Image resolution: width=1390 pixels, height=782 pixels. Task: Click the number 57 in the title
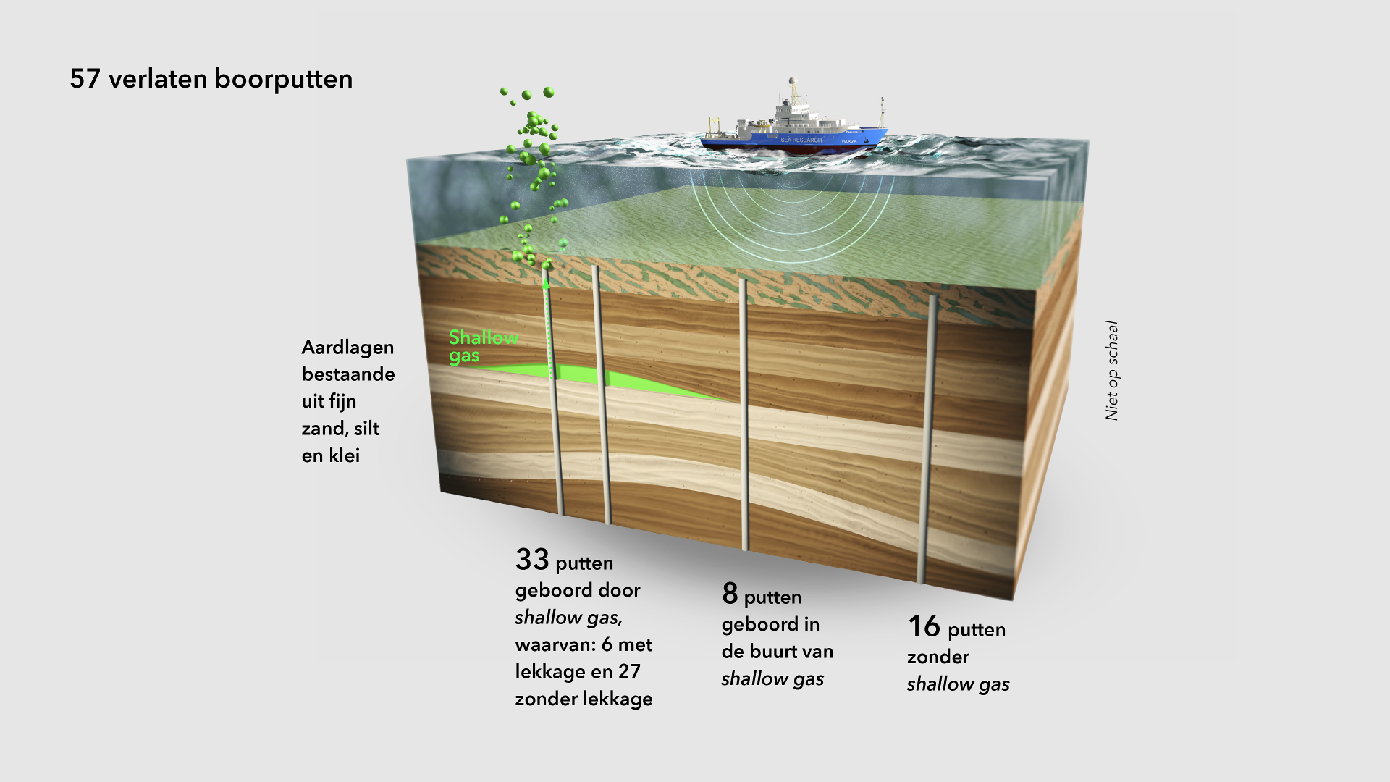85,79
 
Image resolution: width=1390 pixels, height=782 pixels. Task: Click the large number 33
532,560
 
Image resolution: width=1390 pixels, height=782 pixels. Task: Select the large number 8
730,594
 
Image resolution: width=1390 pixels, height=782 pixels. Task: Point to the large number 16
924,627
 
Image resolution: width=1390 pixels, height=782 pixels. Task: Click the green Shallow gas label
483,346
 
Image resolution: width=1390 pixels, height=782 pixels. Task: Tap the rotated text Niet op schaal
1112,370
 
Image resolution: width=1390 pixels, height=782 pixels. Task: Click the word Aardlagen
347,348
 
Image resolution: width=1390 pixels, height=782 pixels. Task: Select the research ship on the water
795,127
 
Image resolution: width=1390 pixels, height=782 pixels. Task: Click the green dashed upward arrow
547,326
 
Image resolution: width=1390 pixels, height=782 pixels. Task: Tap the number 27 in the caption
629,672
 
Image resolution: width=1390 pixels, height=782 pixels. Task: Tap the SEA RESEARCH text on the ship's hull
801,140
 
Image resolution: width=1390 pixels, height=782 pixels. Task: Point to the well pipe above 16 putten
928,434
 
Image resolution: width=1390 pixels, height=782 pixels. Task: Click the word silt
366,429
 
